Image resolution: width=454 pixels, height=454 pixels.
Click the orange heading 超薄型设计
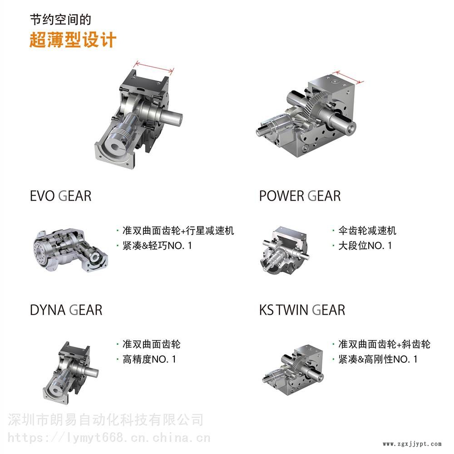(73, 39)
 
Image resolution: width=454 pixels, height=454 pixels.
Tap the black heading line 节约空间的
(60, 20)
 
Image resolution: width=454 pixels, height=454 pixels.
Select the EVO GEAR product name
(61, 196)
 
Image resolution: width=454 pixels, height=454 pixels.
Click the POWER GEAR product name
(300, 196)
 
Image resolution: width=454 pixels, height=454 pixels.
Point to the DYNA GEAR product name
(66, 310)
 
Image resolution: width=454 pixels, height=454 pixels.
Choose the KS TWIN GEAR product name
(302, 310)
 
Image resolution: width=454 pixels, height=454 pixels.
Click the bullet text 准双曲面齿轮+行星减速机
(178, 231)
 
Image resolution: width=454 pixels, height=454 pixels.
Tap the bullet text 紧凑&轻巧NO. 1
(157, 246)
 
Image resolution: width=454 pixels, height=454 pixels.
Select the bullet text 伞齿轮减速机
(367, 231)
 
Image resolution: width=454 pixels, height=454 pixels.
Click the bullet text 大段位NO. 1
(365, 246)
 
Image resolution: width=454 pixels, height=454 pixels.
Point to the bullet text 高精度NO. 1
(149, 359)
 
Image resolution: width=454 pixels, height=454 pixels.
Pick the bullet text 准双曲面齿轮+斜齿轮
(384, 344)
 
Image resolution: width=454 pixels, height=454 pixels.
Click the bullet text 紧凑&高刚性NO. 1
(378, 359)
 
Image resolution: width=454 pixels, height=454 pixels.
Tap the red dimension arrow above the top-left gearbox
(155, 67)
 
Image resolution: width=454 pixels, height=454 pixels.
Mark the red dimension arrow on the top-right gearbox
(347, 77)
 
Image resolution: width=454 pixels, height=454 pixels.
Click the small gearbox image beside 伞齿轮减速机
(285, 250)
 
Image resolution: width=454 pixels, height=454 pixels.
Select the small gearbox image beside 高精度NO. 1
(70, 373)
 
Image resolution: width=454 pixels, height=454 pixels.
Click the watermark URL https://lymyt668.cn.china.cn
(109, 438)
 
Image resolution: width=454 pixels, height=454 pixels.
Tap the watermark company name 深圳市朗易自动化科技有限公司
(105, 420)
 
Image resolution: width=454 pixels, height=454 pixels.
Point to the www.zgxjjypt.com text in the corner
(412, 444)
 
